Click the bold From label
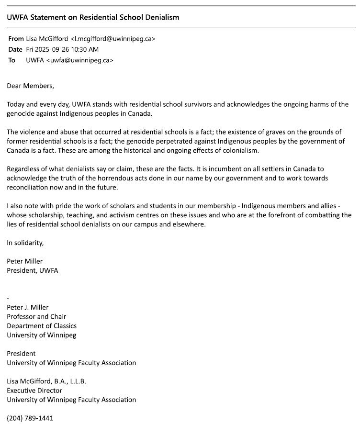(16, 39)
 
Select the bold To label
(12, 60)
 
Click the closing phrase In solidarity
(25, 242)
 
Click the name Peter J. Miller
(28, 307)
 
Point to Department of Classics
(42, 326)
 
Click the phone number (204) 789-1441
(30, 418)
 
